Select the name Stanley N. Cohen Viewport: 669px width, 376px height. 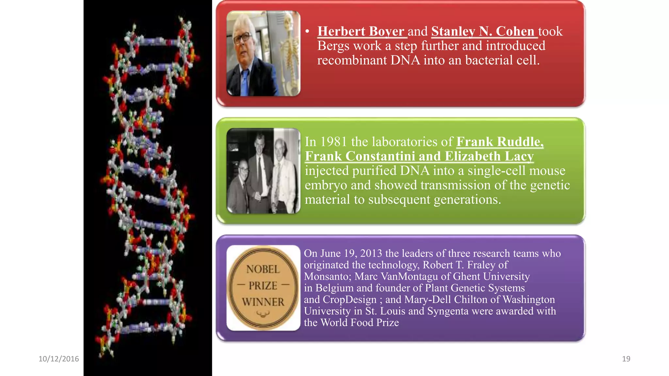[x=482, y=31]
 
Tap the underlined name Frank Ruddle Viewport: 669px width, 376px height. [x=499, y=142]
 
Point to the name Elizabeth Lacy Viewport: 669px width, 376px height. [x=489, y=156]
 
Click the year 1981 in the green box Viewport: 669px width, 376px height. [x=334, y=142]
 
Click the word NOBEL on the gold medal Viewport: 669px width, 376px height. [x=263, y=269]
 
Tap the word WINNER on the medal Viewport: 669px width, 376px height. [x=263, y=302]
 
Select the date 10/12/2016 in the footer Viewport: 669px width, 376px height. [x=59, y=359]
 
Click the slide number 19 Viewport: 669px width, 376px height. [x=626, y=359]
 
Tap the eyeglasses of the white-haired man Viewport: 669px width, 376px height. [x=242, y=38]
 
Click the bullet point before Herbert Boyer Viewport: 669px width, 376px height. [x=307, y=31]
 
